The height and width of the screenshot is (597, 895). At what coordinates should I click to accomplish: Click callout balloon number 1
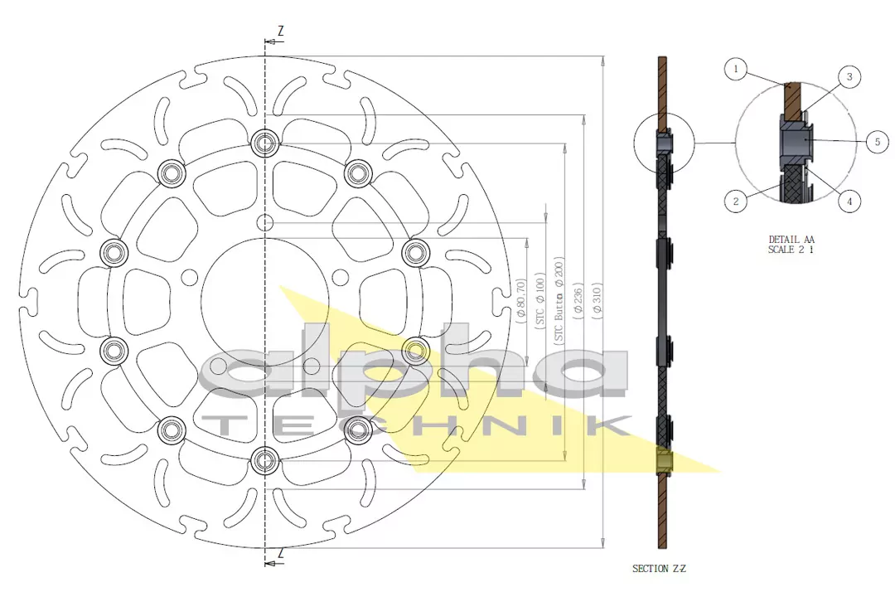coord(735,69)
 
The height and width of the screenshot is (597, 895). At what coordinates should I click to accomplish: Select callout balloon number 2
coord(736,200)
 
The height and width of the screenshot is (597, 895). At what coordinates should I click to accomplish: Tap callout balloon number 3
coord(849,77)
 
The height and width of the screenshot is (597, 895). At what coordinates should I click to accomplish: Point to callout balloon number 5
coord(877,142)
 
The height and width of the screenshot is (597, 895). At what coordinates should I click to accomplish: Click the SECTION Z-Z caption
coord(659,569)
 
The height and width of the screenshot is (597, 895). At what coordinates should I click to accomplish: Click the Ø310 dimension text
coord(597,303)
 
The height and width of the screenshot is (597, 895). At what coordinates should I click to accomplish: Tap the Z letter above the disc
coord(280,31)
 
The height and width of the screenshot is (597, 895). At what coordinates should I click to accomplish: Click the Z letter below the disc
coord(280,553)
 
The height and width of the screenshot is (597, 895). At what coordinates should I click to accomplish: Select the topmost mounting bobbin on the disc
coord(265,144)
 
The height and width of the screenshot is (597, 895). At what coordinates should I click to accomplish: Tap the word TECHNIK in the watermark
coord(414,426)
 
